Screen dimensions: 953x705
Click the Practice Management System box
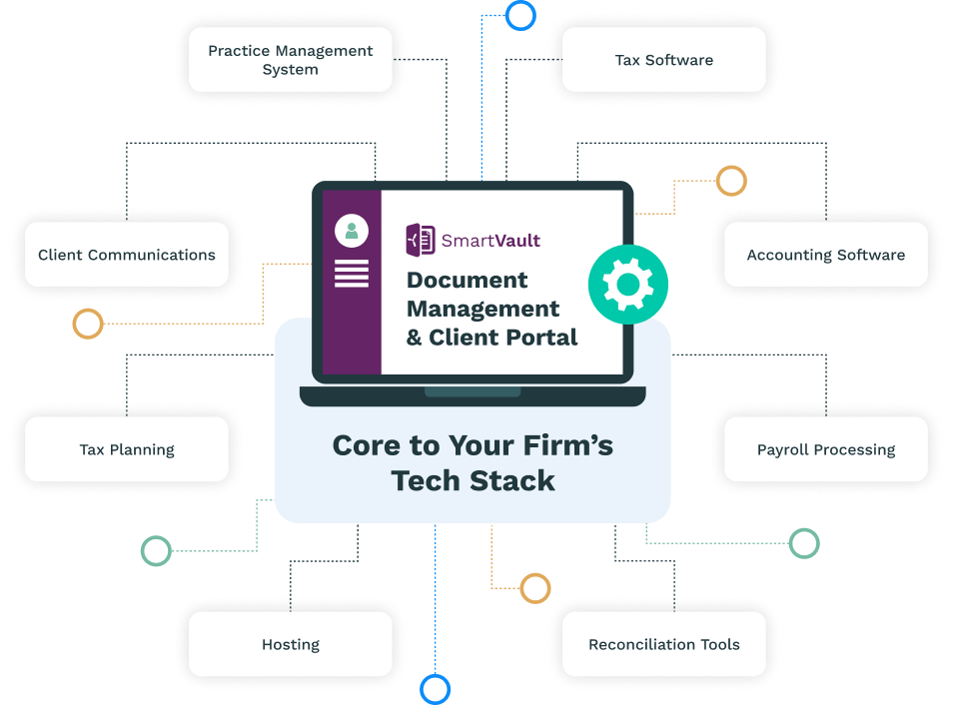(291, 60)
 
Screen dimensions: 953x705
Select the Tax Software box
(663, 60)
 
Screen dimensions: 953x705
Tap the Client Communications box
(127, 254)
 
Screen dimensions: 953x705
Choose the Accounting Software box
(826, 254)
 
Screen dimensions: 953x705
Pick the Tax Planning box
(127, 449)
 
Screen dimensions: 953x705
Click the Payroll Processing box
(826, 449)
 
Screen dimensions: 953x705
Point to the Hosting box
(291, 644)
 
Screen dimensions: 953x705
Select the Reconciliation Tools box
(663, 644)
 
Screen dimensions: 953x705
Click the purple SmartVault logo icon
(420, 240)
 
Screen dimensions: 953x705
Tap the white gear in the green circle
(627, 285)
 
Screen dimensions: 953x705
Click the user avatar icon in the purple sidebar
(352, 231)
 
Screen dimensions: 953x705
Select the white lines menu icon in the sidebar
(352, 274)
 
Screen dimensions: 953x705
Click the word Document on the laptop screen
(467, 281)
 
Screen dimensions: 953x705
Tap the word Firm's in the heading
(567, 445)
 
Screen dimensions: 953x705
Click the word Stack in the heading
(512, 480)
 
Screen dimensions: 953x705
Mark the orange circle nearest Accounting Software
(731, 181)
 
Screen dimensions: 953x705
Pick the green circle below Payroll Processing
(804, 543)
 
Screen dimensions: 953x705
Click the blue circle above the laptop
(520, 15)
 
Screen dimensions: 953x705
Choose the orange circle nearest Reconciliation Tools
(535, 588)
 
